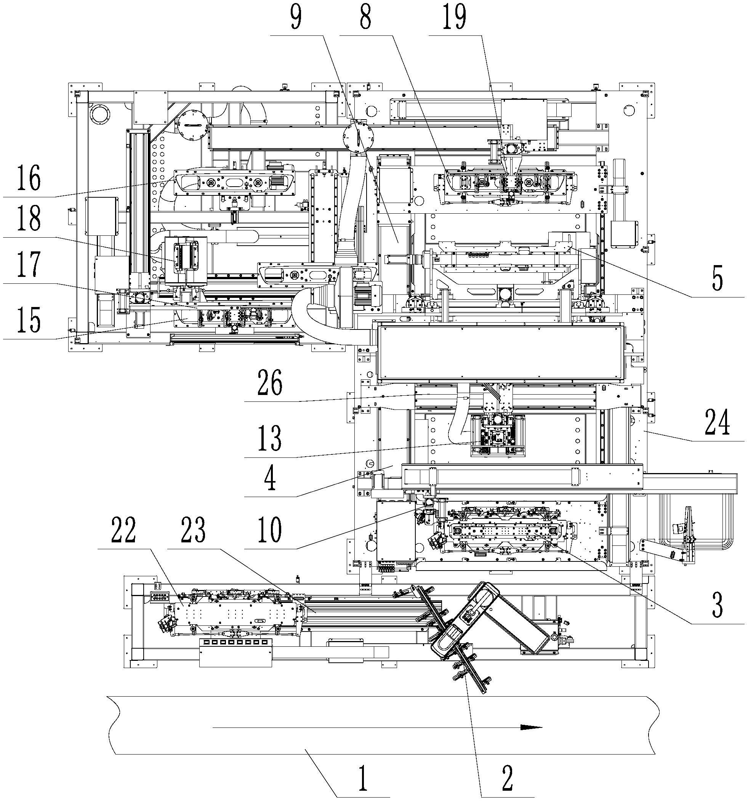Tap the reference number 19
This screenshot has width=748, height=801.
pyautogui.click(x=454, y=18)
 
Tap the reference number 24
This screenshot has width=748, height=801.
pyautogui.click(x=717, y=423)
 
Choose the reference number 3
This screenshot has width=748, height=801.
pyautogui.click(x=717, y=605)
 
